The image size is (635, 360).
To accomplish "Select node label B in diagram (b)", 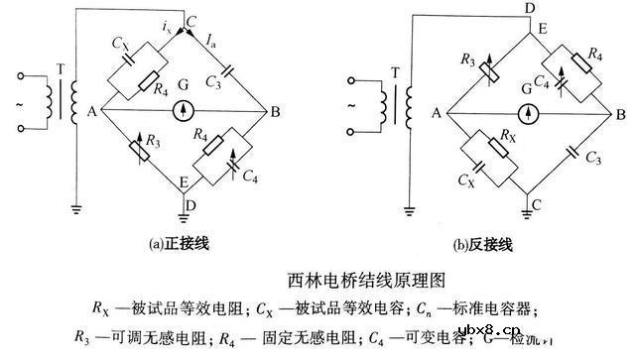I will click(x=619, y=114).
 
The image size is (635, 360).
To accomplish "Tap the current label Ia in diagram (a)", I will click(x=212, y=41).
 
